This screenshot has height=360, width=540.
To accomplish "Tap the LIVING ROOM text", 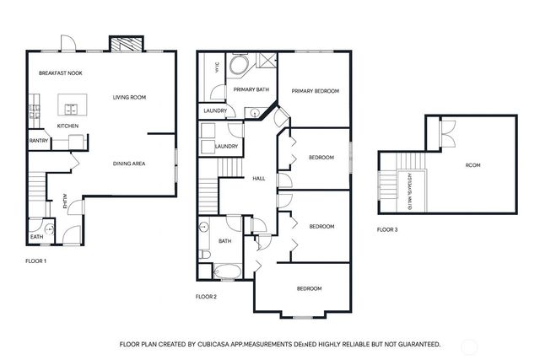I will (129, 98).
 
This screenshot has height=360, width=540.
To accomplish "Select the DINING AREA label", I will (130, 163).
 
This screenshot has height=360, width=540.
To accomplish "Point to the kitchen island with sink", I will (68, 108).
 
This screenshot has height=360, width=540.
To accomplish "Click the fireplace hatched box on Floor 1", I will (126, 44).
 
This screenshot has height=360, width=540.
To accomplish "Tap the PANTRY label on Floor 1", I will (39, 141).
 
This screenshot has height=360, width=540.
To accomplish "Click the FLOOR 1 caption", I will (35, 261).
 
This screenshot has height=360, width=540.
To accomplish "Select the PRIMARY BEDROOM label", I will (315, 91).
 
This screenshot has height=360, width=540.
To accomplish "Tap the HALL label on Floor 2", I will (259, 178).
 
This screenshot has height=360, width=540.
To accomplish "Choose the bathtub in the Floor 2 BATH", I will (225, 271).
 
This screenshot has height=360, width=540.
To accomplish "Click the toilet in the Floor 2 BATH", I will (205, 255).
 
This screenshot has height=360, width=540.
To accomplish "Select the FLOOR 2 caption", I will (206, 296).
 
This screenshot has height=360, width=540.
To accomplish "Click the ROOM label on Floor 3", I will (473, 165).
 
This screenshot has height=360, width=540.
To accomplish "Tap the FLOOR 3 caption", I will (386, 229).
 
